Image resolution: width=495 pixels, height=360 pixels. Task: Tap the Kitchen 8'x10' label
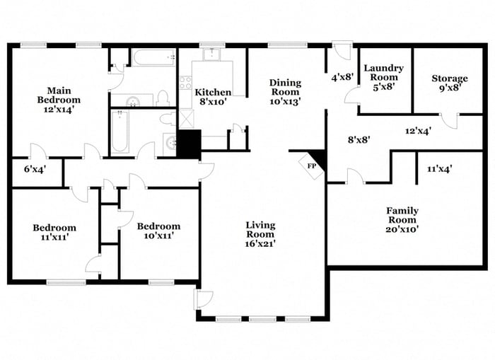point(213,97)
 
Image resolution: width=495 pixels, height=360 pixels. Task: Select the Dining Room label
point(285,92)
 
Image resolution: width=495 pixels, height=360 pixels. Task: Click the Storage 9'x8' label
point(450,83)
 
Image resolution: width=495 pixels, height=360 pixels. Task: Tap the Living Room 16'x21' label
point(260,234)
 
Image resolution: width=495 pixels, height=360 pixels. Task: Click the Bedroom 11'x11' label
point(54,233)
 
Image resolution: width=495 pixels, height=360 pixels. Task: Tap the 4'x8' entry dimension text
point(342,77)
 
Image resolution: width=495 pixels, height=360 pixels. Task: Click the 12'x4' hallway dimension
point(419,130)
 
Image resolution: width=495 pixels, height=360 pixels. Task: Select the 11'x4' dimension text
point(440,168)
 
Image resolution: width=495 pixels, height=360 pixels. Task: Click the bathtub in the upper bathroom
point(154,58)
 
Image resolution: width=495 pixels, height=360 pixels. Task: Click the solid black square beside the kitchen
point(188,145)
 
